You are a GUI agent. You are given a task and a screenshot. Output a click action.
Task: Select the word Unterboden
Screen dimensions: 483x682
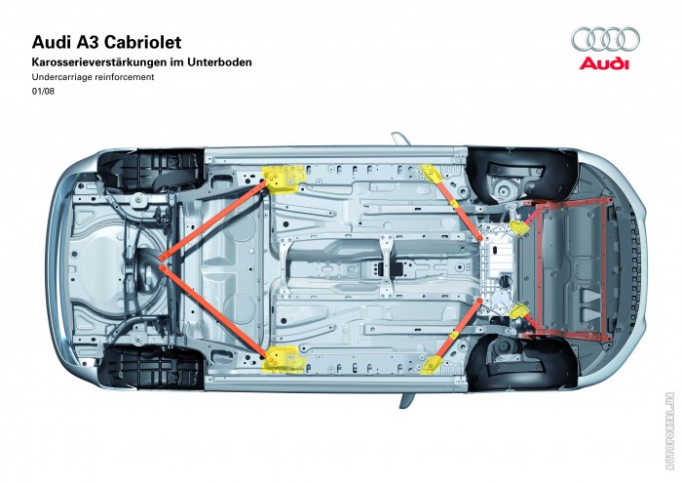[x=220, y=62]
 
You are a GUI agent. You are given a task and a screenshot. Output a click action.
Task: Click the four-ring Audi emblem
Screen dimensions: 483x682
[x=606, y=40]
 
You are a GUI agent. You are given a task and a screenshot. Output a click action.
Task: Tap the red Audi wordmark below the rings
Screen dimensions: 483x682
[x=606, y=64]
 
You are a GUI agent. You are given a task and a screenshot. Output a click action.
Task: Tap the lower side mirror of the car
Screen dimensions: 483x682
[x=404, y=399]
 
